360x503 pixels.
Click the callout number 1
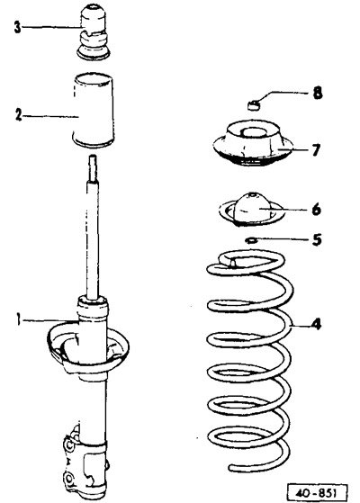(19, 319)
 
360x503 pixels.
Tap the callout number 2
(19, 115)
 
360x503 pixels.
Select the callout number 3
(18, 27)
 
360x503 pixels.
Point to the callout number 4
(316, 324)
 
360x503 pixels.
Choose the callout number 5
(317, 239)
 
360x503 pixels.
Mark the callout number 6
(316, 210)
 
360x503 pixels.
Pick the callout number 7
(316, 149)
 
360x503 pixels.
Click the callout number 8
(318, 93)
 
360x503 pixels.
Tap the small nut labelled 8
(254, 104)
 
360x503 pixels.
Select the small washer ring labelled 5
(250, 239)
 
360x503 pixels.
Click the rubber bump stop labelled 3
(94, 32)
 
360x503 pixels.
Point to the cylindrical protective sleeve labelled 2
(93, 111)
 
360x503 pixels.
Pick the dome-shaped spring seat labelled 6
(252, 210)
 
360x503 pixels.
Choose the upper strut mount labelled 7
(253, 143)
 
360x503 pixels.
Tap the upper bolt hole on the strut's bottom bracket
(69, 445)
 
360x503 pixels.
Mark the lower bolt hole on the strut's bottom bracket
(69, 480)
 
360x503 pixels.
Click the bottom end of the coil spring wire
(231, 468)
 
